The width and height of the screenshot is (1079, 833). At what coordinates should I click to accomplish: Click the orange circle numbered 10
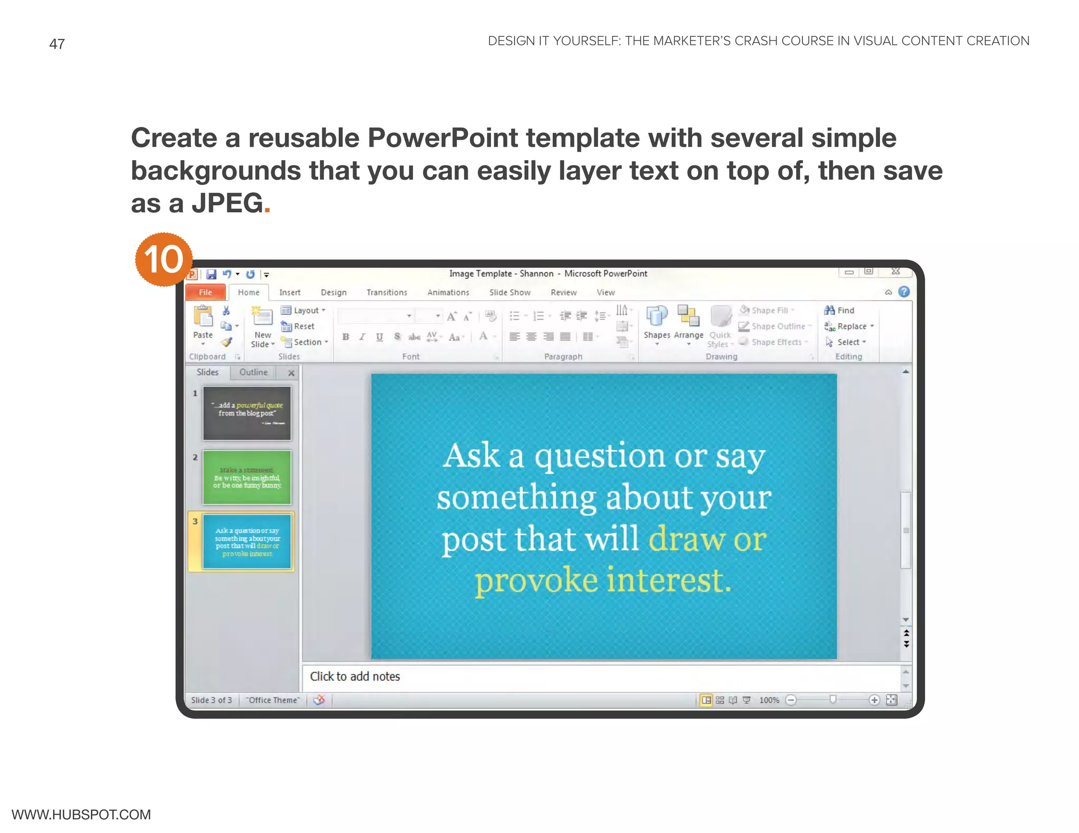(x=164, y=260)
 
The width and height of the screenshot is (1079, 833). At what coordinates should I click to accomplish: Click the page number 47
(x=57, y=44)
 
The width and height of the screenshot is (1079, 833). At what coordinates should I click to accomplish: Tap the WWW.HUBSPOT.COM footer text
(x=81, y=815)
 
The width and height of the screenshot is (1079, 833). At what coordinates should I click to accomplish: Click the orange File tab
(x=205, y=292)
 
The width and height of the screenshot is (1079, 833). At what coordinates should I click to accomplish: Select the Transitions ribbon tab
(x=387, y=292)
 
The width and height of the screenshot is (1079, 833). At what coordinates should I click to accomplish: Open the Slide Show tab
(x=509, y=292)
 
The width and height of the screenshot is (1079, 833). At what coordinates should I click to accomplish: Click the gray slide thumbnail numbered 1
(x=247, y=413)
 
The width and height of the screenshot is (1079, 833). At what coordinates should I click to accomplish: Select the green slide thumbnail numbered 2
(x=247, y=478)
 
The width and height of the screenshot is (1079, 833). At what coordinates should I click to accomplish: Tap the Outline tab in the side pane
(x=253, y=372)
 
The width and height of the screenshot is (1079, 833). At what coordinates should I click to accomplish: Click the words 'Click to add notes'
(x=355, y=677)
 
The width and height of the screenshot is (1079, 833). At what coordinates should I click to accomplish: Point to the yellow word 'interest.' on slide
(x=669, y=580)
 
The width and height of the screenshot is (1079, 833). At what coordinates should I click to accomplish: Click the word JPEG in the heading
(x=227, y=203)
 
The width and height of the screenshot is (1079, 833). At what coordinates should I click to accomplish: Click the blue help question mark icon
(x=904, y=292)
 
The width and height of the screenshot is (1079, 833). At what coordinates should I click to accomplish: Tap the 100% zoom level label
(x=769, y=700)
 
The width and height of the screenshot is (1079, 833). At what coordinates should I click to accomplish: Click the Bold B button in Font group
(x=346, y=337)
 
